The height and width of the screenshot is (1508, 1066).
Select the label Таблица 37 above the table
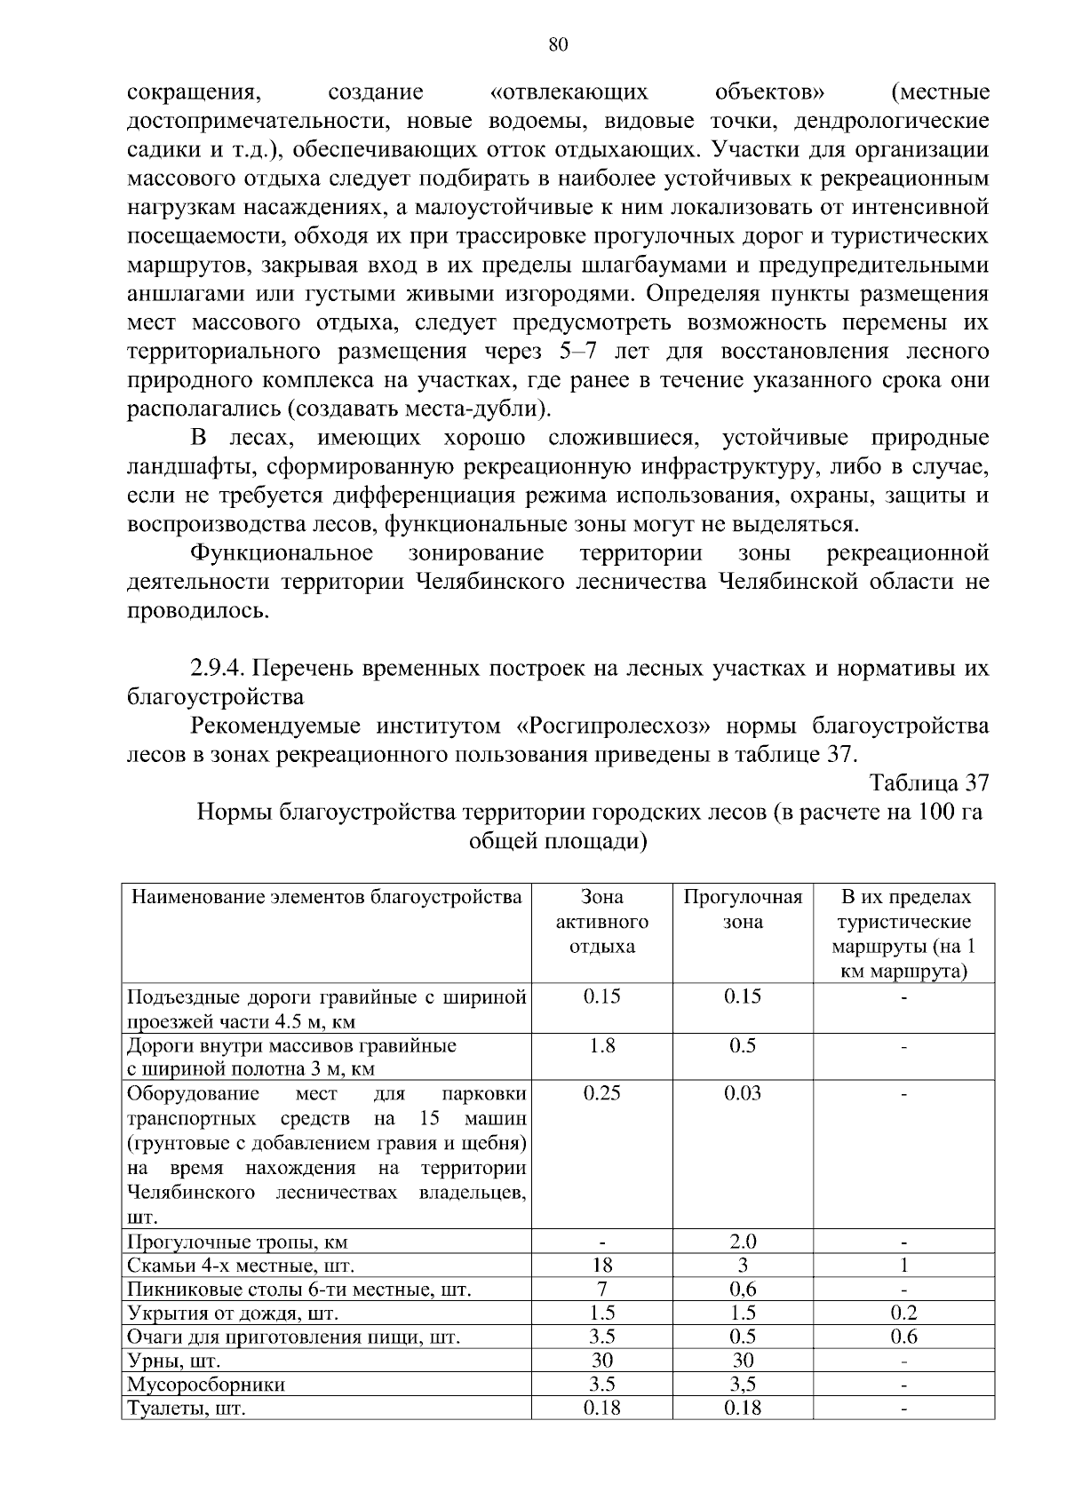(929, 783)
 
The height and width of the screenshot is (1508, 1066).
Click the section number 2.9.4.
(221, 668)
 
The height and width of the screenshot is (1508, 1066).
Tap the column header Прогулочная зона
(743, 909)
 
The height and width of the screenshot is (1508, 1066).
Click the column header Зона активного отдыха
(601, 922)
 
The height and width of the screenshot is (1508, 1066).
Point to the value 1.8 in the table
(601, 1046)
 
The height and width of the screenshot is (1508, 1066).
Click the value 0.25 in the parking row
(601, 1093)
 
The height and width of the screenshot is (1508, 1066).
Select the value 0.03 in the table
(743, 1093)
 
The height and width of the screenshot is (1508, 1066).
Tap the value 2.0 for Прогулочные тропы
(743, 1242)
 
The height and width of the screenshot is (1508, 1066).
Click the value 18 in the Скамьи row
(601, 1266)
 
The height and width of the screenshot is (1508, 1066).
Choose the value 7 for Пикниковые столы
(601, 1290)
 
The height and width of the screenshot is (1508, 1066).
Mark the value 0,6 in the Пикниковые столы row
(743, 1290)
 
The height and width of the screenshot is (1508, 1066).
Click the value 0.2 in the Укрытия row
(903, 1314)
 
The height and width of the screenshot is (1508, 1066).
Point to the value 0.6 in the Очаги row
(903, 1337)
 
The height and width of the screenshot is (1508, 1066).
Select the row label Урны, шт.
(173, 1361)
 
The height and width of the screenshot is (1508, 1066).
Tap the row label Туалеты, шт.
(186, 1409)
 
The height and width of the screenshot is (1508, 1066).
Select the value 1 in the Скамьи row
(903, 1266)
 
